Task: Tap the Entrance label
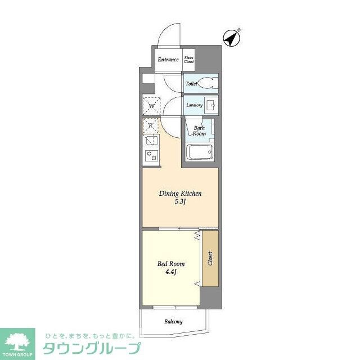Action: (x=168, y=60)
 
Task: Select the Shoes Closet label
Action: (x=189, y=59)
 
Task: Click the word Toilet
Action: (x=191, y=84)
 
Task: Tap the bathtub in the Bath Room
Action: (x=199, y=152)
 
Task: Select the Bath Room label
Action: (x=199, y=131)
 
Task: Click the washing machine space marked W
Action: (x=151, y=105)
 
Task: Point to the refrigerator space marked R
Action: (x=151, y=126)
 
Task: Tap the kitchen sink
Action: (x=151, y=141)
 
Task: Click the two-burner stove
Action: (x=151, y=156)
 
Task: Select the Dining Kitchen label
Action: (x=180, y=193)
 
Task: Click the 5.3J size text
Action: (x=180, y=202)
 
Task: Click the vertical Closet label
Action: (x=210, y=259)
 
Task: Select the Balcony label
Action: (x=173, y=322)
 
